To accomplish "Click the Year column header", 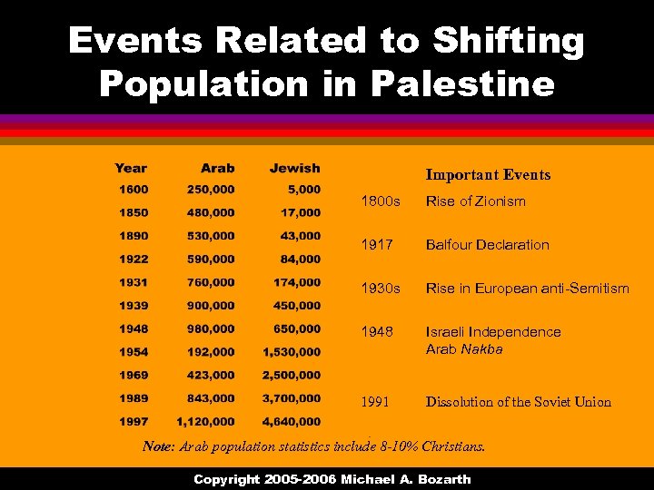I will coord(131,168).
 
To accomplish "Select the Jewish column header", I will coord(294,168).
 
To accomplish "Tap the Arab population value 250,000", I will coord(211,190).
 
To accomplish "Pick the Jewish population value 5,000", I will coord(303,190).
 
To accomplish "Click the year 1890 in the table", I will coord(133,236).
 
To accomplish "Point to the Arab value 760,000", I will coord(211,283).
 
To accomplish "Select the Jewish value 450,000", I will coord(296,307).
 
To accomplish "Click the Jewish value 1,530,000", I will coord(291,351).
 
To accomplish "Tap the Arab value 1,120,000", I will coord(205,421).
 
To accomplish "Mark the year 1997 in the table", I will coord(133,421).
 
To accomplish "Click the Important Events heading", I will coord(488,175).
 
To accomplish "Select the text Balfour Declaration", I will coord(488,245).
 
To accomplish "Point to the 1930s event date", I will coord(381,289).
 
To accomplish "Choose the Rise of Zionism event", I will coord(476,201).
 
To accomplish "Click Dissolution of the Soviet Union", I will coord(519,402).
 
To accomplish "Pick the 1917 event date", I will coord(377,245).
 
